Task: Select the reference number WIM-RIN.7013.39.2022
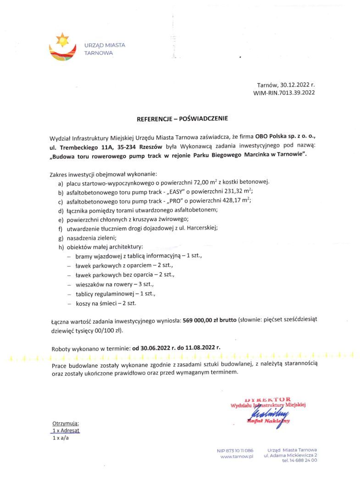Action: (284, 93)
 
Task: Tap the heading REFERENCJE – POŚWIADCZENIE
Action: (182, 118)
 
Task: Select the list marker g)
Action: (61, 237)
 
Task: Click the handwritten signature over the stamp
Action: (266, 411)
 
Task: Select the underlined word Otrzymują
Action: (66, 423)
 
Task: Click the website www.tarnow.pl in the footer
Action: (237, 457)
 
